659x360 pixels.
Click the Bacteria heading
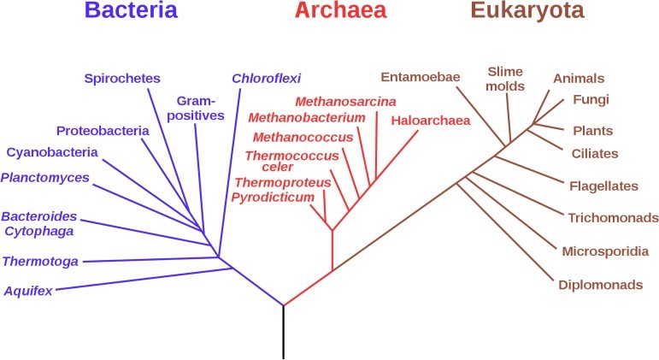[131, 10]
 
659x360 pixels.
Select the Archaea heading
[340, 10]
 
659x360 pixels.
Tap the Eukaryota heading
[527, 11]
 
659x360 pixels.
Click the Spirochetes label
[122, 79]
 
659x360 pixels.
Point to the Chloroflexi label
[267, 78]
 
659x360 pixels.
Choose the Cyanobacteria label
[52, 152]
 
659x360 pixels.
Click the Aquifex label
[28, 291]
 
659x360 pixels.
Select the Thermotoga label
[40, 262]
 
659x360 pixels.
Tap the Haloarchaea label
[431, 121]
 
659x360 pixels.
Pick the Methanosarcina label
[345, 102]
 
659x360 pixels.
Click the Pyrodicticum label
[273, 198]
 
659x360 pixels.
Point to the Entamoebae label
[421, 77]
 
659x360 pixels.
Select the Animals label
[579, 78]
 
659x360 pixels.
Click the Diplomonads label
[601, 285]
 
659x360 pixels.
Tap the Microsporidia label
[606, 251]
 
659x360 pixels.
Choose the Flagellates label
[604, 186]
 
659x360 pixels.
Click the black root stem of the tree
[283, 333]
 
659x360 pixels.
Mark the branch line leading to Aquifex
[144, 279]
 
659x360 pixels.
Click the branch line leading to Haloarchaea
[375, 180]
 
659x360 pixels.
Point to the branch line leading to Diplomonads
[506, 232]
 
